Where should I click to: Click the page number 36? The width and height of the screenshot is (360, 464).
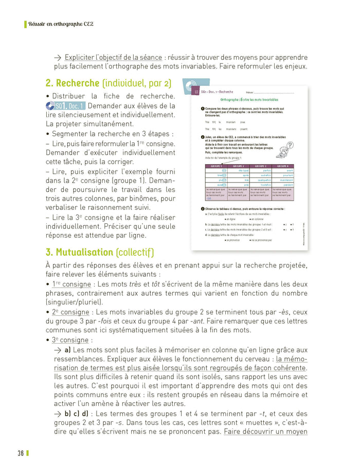(21, 453)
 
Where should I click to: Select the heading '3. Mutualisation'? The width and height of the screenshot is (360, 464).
(79, 252)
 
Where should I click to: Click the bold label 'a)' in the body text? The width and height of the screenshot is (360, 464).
(68, 349)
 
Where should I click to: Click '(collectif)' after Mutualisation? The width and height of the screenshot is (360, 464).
(134, 252)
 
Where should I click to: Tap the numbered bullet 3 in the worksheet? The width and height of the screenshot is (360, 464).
(203, 208)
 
